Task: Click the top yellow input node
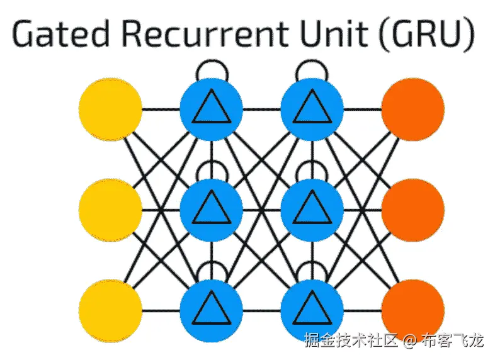click(x=111, y=109)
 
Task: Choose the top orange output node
click(x=412, y=109)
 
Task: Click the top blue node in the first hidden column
click(x=212, y=109)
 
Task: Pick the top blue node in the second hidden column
click(x=312, y=109)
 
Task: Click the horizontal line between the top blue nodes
click(x=261, y=109)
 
